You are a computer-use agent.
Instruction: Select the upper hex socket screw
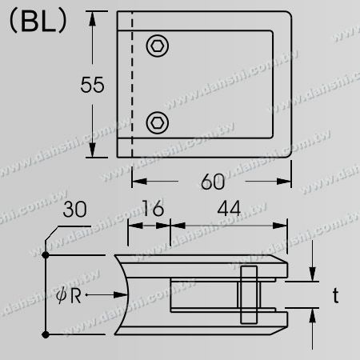pos(158,47)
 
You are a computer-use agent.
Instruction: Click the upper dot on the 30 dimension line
pos(46,254)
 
